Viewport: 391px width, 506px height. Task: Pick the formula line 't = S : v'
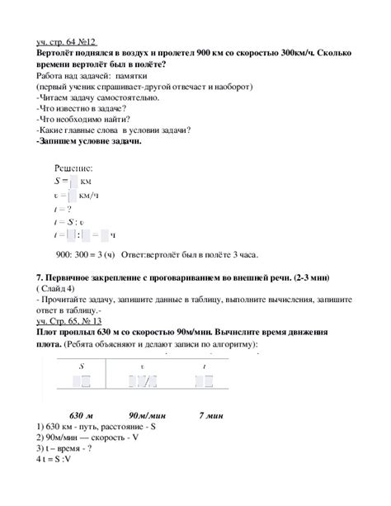[x=70, y=221]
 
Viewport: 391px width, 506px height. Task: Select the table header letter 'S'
[x=81, y=363]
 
